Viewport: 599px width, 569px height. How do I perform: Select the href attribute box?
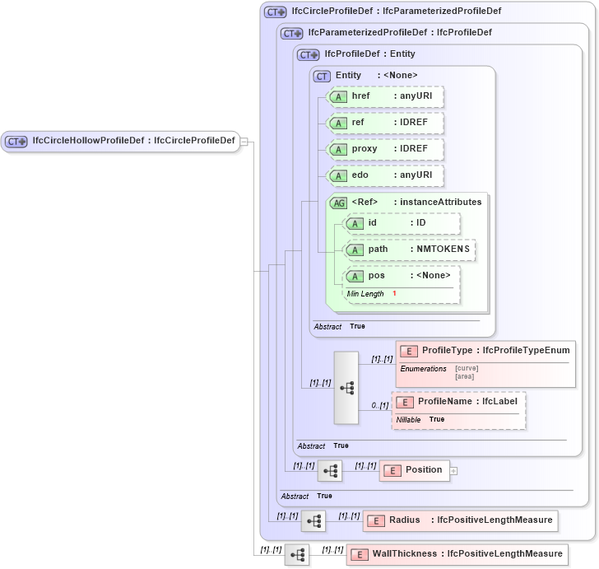[x=385, y=96]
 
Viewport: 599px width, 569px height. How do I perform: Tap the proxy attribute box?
[x=385, y=149]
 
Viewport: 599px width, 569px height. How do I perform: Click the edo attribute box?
[x=385, y=175]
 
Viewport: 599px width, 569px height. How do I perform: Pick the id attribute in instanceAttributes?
[x=402, y=223]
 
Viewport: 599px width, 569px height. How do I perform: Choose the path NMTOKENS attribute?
[x=409, y=250]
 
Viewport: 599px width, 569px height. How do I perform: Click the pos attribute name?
[x=376, y=276]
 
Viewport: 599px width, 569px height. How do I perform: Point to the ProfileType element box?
[x=485, y=351]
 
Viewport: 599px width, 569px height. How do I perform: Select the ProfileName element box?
[x=458, y=402]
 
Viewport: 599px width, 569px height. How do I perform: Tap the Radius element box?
[x=459, y=520]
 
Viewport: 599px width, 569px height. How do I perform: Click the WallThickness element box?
[x=457, y=554]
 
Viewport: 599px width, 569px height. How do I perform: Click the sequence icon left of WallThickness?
[x=297, y=555]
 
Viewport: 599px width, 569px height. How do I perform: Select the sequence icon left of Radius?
[x=313, y=521]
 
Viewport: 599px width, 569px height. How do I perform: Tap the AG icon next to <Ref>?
[x=338, y=203]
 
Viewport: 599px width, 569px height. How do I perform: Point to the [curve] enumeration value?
[x=467, y=368]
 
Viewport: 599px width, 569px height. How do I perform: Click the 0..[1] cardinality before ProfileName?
[x=379, y=405]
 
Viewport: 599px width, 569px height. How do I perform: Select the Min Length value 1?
[x=394, y=294]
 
